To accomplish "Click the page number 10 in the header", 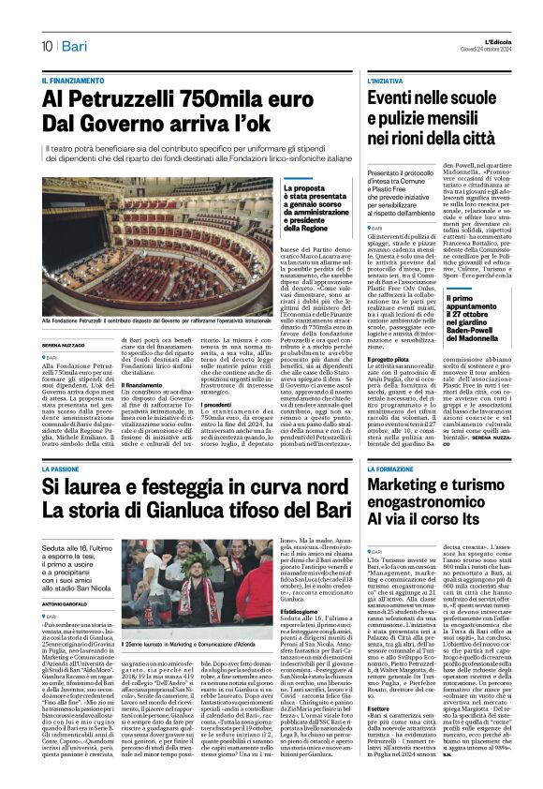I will pyautogui.click(x=45, y=45).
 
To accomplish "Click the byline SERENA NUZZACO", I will pyautogui.click(x=65, y=346).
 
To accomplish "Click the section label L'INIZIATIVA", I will pyautogui.click(x=385, y=82).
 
